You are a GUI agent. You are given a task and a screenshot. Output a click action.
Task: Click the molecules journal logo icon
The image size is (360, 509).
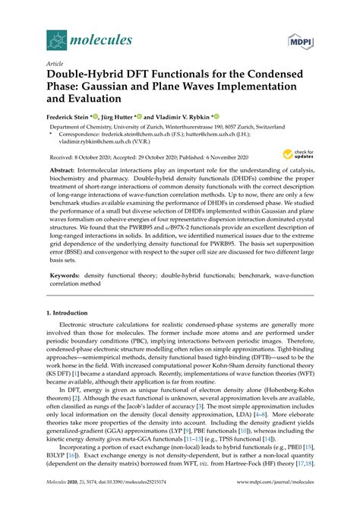tap(58, 37)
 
